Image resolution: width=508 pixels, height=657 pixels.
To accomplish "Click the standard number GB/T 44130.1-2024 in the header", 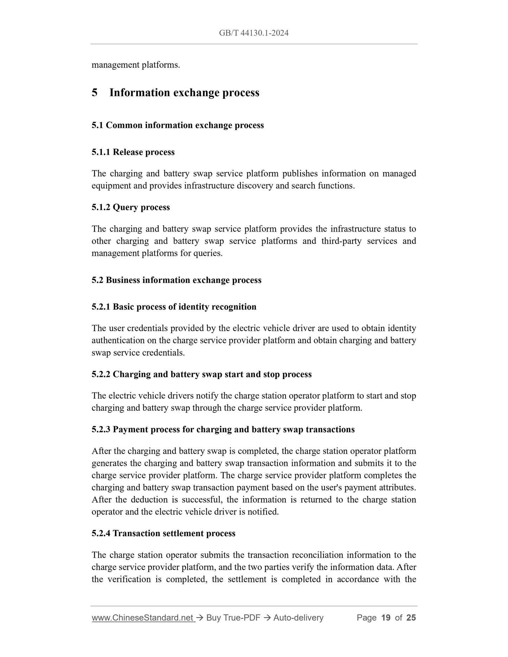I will tap(253, 33).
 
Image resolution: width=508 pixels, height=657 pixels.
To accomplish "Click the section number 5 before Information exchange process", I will tap(95, 93).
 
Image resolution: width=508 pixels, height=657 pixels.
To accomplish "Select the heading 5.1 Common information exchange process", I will tap(178, 125).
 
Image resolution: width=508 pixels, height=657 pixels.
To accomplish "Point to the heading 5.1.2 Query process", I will tap(130, 207).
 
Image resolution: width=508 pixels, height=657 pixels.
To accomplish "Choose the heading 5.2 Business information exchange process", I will tap(176, 280).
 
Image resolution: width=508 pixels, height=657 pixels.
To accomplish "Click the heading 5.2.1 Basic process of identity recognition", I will tap(174, 307).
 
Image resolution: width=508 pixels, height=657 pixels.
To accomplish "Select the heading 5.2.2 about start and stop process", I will tap(201, 374).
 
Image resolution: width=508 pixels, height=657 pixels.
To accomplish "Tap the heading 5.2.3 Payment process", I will tap(223, 429).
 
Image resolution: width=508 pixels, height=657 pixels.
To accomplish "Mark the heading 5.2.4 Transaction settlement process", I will tap(163, 533).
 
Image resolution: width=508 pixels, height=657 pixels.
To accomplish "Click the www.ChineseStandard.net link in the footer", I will tap(143, 618).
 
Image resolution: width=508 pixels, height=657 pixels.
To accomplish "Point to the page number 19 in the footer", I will tap(386, 618).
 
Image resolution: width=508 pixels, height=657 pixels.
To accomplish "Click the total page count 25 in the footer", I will tap(411, 618).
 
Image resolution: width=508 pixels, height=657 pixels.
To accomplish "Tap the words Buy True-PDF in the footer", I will tap(233, 618).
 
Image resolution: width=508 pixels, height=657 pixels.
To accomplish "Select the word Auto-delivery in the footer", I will tap(298, 618).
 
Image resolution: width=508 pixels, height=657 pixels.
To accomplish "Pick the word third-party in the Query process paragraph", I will tap(341, 241).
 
